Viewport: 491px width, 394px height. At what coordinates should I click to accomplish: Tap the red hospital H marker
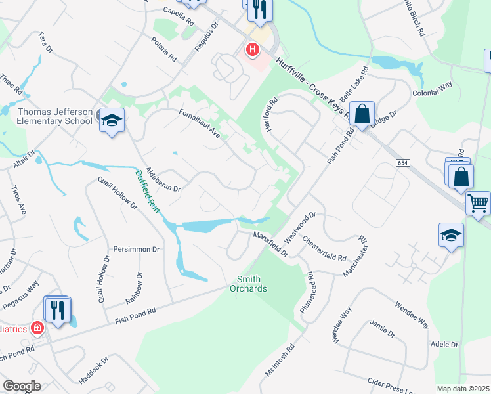(x=252, y=49)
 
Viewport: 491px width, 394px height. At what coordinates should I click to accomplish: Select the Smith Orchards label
(x=248, y=284)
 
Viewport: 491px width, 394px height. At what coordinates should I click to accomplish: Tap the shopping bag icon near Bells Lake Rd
(x=362, y=114)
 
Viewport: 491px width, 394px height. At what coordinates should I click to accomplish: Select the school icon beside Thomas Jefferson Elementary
(x=112, y=120)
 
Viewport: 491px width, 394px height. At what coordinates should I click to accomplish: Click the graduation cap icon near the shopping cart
(x=451, y=235)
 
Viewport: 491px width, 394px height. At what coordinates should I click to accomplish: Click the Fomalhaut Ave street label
(x=200, y=123)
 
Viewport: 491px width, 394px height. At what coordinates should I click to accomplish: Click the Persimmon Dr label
(x=137, y=250)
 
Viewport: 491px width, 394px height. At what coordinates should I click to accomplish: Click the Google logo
(x=22, y=386)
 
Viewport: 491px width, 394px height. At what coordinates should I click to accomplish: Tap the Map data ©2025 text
(x=462, y=389)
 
